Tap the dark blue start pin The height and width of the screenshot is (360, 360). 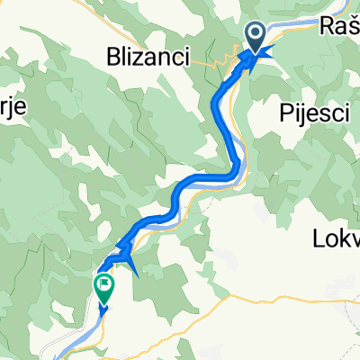tap(256, 39)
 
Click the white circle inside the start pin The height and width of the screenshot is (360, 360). tap(256, 35)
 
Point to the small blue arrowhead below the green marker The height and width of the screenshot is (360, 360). tap(103, 308)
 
